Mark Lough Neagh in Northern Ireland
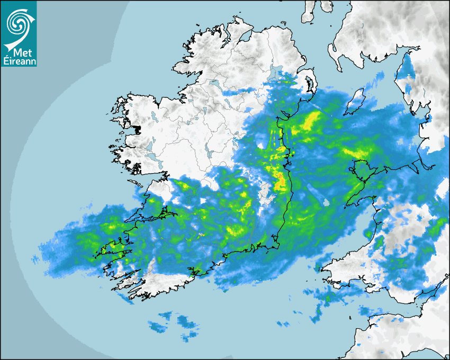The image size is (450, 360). (275, 74)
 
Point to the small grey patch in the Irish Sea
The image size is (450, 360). (327, 202)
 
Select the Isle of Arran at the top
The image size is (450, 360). (309, 12)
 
